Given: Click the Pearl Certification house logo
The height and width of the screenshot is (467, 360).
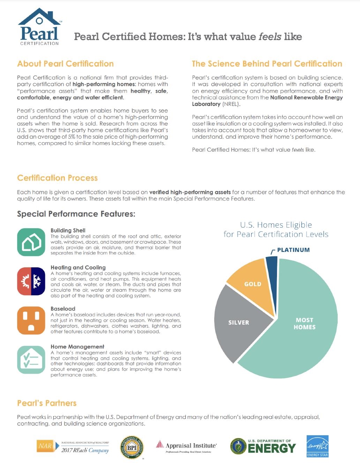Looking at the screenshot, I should click(x=39, y=27).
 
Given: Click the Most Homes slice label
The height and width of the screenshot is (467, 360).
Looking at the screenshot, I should click(x=305, y=323).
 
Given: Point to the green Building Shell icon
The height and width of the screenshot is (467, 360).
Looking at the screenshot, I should click(x=31, y=242).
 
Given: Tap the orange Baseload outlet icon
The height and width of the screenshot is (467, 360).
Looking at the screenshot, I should click(x=31, y=320).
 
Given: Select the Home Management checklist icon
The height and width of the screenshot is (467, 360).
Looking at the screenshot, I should click(x=31, y=360).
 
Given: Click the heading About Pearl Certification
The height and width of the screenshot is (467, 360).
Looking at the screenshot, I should click(x=66, y=64).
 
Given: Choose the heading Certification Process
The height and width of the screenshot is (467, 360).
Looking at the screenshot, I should click(x=58, y=178).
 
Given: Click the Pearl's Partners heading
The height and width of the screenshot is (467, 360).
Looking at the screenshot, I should click(x=47, y=403).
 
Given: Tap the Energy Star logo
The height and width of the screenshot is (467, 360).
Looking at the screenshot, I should click(x=317, y=446).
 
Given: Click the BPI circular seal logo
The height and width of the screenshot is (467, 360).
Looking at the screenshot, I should click(x=132, y=447).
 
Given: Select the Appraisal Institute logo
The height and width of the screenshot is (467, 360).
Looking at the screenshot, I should click(x=186, y=446).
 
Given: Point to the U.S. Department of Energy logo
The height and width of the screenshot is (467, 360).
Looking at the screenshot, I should click(x=263, y=446).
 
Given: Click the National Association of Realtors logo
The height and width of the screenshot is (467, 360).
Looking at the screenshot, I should click(x=73, y=446).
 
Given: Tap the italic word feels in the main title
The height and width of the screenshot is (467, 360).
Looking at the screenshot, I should click(x=270, y=37).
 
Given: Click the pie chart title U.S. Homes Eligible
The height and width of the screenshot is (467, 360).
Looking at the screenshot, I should click(x=276, y=225).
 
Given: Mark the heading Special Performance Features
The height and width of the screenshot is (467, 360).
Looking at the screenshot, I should click(x=76, y=214).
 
